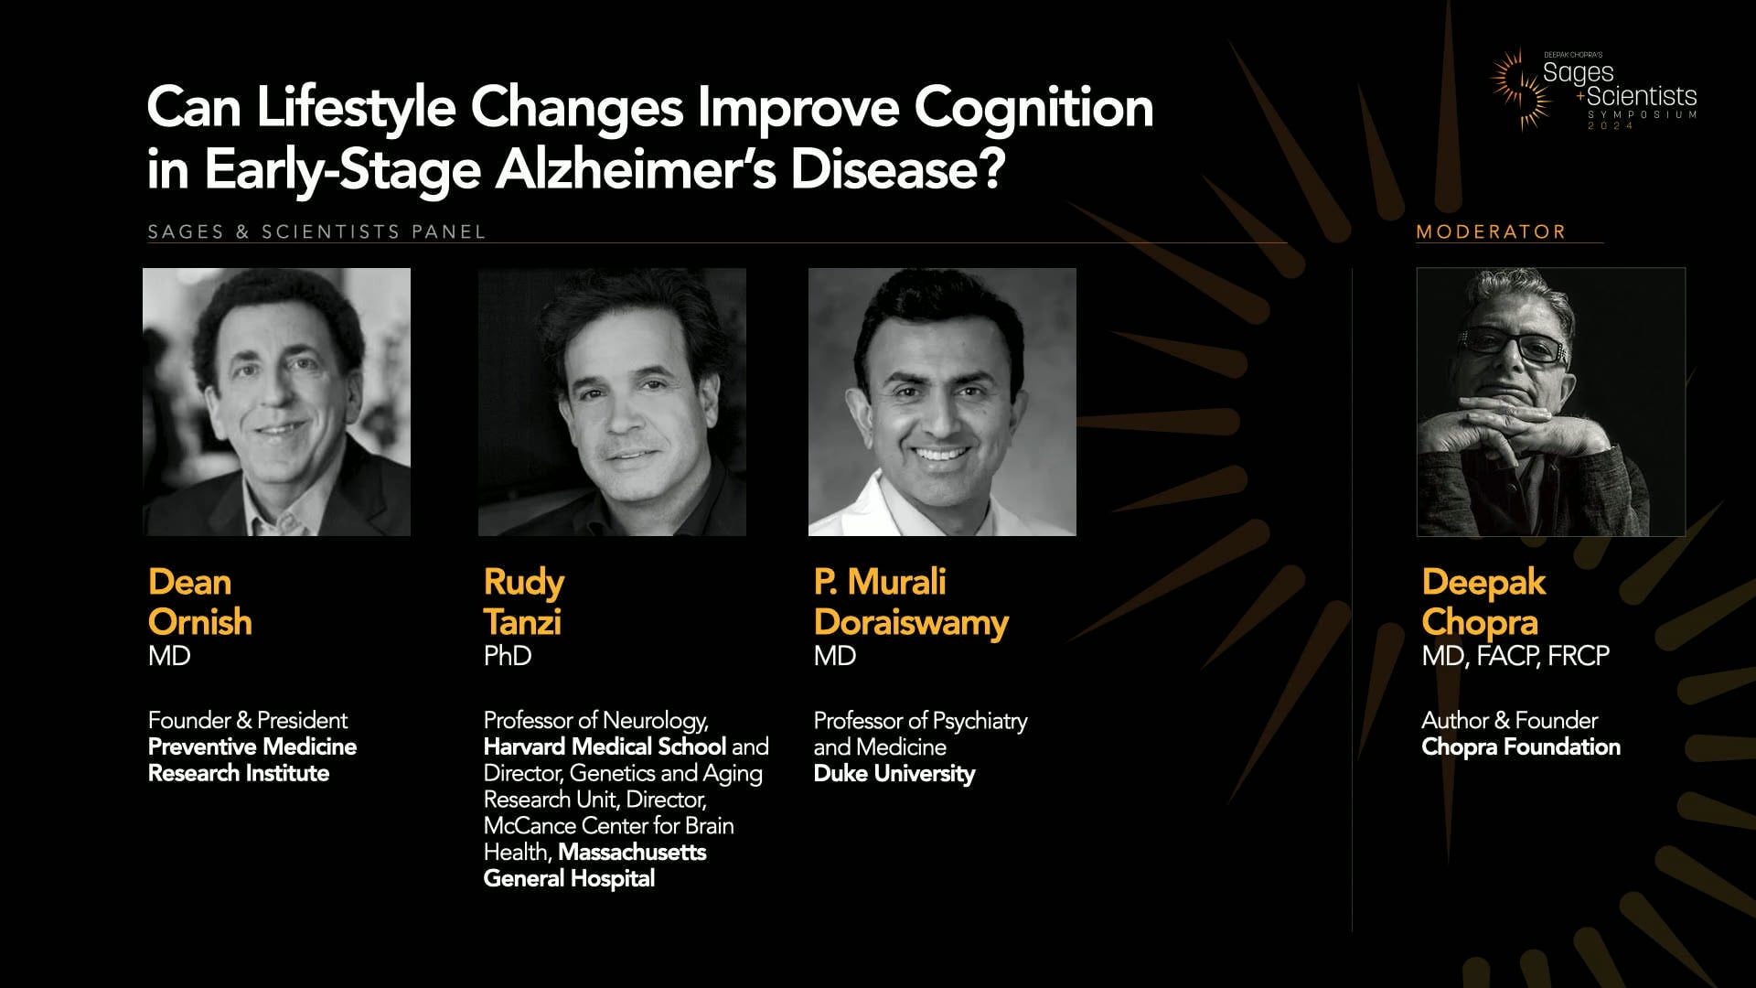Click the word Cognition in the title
1033,109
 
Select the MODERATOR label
1491,232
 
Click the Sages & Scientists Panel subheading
316,232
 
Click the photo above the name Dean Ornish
276,402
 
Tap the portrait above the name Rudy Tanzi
612,402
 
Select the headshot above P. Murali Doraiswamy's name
942,402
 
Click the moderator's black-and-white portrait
1550,402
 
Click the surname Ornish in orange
199,622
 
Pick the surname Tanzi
522,622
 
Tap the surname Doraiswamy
911,622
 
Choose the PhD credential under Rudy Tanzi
508,656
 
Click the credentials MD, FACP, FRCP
1515,656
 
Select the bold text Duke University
894,774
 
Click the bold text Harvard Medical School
605,747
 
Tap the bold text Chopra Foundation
1521,747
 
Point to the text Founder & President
248,721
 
